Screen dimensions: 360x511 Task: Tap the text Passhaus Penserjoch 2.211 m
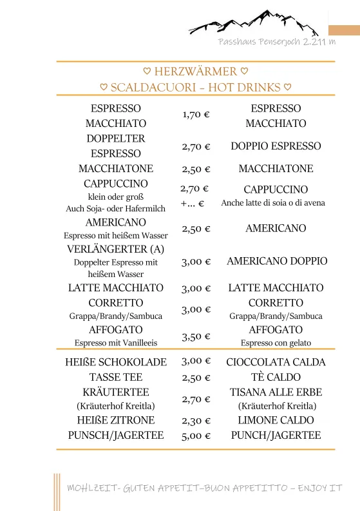277,42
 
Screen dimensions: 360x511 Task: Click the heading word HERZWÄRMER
196,72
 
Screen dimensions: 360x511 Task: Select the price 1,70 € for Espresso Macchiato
196,115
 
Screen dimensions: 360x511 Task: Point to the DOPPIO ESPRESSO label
276,146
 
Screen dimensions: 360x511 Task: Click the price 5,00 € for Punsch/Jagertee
196,436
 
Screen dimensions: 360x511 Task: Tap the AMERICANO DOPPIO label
277,261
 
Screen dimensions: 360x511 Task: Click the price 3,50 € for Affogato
196,336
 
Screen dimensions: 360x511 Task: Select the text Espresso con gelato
276,343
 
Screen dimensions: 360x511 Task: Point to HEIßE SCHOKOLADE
116,362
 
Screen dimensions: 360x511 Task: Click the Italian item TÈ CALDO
276,377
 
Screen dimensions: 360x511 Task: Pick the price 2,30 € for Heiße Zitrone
196,421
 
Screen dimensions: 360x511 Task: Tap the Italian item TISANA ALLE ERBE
276,392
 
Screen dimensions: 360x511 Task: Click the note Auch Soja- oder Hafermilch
116,209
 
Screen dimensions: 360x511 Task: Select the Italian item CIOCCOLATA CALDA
276,362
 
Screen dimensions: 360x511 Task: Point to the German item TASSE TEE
116,377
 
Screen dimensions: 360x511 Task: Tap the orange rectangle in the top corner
344,30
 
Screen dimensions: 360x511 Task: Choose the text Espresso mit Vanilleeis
116,343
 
